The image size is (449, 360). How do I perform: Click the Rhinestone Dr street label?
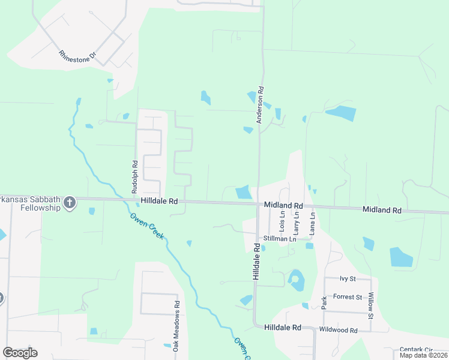tap(77, 55)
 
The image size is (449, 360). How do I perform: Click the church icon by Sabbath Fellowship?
tap(70, 203)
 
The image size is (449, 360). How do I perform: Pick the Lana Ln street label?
tap(312, 223)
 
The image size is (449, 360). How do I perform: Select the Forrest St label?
tap(348, 297)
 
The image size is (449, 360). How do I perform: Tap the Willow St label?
tap(371, 305)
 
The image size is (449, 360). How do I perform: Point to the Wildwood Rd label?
tap(339, 330)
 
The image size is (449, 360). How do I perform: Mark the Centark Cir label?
tap(416, 349)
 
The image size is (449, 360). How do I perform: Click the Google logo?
tap(20, 353)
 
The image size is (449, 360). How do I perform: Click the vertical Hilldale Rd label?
tap(256, 263)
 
